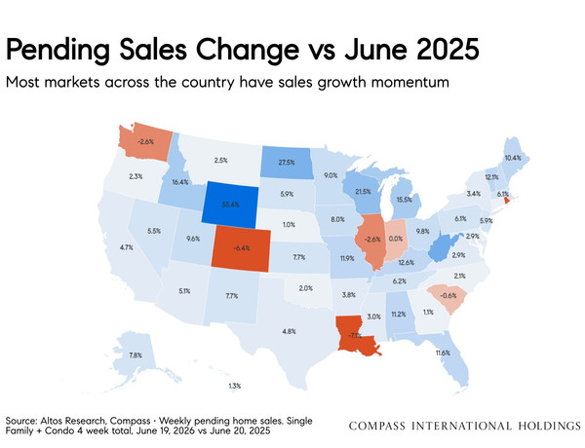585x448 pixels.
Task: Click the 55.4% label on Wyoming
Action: [230, 205]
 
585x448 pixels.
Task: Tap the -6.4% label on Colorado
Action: [242, 247]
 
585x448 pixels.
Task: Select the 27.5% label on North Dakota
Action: [287, 163]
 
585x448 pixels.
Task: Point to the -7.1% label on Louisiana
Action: [355, 335]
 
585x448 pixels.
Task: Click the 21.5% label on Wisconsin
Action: [363, 192]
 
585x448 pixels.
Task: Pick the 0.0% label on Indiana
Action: [396, 239]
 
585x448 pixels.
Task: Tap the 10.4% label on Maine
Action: [513, 158]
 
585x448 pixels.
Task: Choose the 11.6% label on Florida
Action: [443, 353]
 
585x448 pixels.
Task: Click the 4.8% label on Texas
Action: [290, 331]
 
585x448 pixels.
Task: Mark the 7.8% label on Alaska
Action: [136, 355]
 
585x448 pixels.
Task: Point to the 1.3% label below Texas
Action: [235, 386]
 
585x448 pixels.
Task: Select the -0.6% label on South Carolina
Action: [448, 295]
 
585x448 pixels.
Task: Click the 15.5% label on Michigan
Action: [405, 200]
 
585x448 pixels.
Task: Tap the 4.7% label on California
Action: [126, 247]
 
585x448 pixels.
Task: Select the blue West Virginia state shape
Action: [443, 246]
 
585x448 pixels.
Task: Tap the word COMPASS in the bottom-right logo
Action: [376, 426]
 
